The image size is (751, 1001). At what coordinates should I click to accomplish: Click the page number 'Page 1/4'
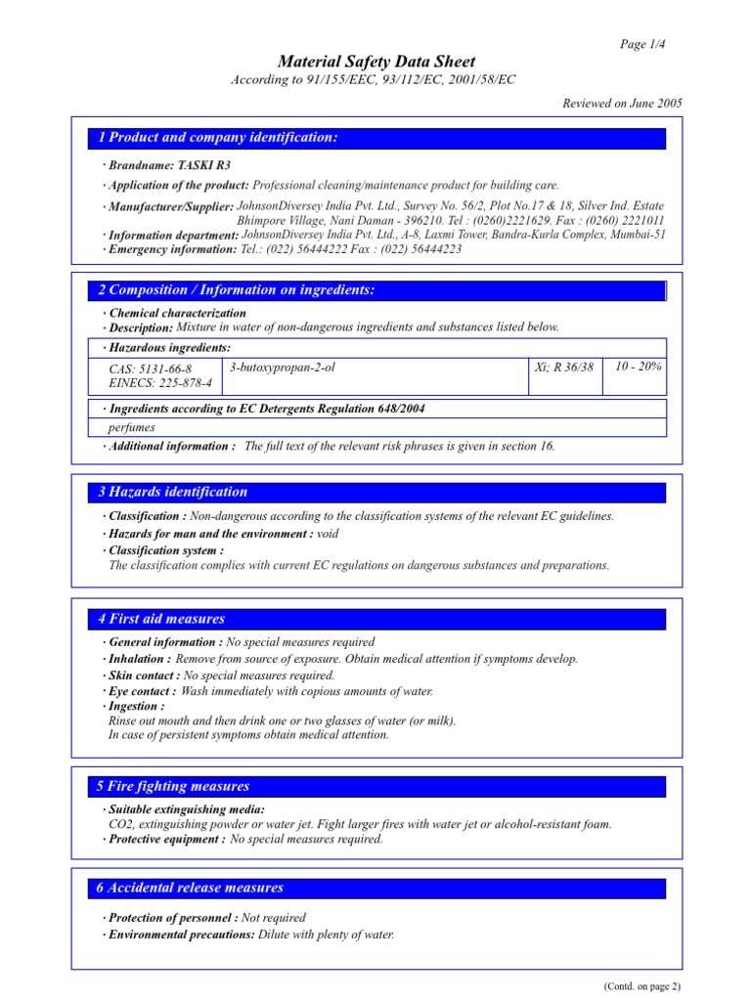pyautogui.click(x=643, y=45)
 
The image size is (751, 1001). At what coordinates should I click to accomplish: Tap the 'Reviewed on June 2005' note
pyautogui.click(x=622, y=104)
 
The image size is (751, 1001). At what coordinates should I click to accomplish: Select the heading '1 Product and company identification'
pyautogui.click(x=218, y=138)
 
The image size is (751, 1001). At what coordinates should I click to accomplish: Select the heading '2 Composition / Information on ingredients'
pyautogui.click(x=236, y=290)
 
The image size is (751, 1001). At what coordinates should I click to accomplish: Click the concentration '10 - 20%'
pyautogui.click(x=639, y=366)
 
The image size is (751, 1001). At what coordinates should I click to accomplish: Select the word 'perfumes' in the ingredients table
pyautogui.click(x=132, y=427)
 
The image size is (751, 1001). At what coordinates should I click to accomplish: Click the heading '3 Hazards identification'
pyautogui.click(x=172, y=492)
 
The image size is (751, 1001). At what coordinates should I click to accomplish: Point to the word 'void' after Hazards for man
pyautogui.click(x=328, y=534)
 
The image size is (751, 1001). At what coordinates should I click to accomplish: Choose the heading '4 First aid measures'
pyautogui.click(x=161, y=619)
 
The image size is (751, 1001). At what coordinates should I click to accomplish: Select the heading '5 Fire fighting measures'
pyautogui.click(x=174, y=786)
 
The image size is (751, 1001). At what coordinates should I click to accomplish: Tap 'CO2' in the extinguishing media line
pyautogui.click(x=119, y=824)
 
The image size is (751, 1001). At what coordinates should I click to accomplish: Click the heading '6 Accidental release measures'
pyautogui.click(x=191, y=888)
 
